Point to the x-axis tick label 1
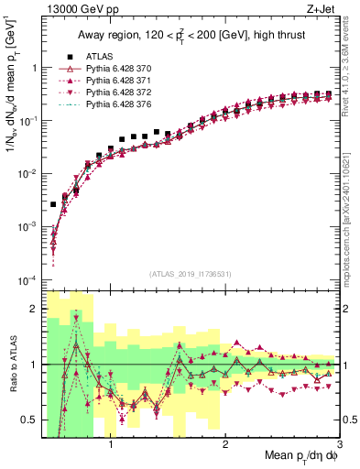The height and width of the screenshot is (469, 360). [x=111, y=446]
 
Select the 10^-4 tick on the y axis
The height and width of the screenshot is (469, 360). [x=27, y=279]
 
